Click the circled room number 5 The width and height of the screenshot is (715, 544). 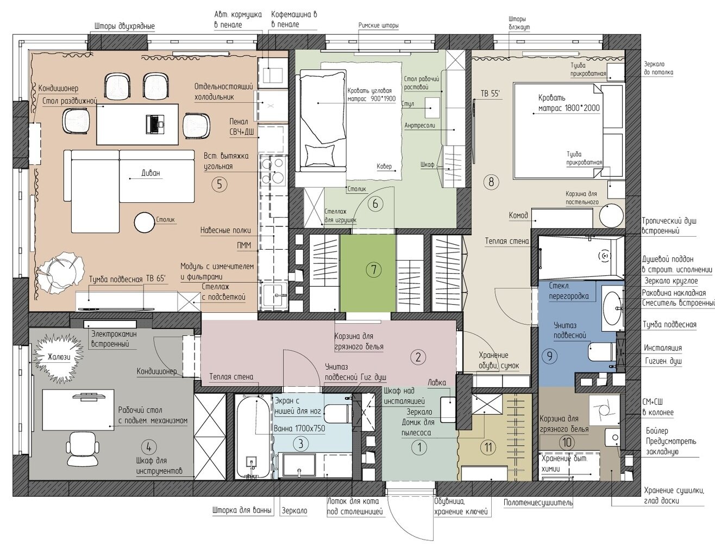pos(219,184)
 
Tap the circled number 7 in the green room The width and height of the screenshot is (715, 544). pos(374,270)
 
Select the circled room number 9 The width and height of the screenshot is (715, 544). pos(549,356)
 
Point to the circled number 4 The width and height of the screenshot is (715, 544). pos(148,448)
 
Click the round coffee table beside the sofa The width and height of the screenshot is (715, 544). pos(145,222)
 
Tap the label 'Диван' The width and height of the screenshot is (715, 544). pos(151,173)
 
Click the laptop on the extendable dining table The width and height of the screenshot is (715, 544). pos(154,124)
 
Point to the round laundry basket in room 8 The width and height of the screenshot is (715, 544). pos(611,216)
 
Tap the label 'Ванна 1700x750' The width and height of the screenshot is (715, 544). pos(299,428)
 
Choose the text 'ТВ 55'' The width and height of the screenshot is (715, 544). pos(490,94)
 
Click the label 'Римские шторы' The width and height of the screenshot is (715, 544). pos(379,26)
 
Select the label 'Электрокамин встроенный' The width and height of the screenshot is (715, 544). pos(114,339)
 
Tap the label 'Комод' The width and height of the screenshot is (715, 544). pos(518,215)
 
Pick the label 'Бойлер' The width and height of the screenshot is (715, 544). pos(657,431)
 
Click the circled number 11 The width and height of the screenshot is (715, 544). pos(488,448)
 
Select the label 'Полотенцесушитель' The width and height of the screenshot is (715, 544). pos(538,503)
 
